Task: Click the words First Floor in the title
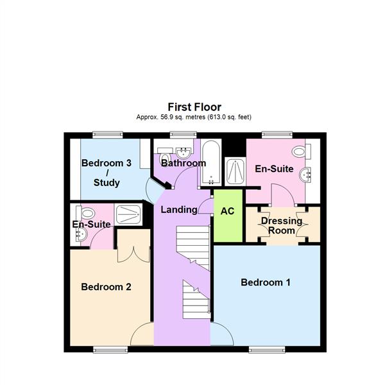[x=194, y=107]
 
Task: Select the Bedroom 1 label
[x=266, y=282]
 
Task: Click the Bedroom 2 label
[x=106, y=287]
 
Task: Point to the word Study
[x=107, y=183]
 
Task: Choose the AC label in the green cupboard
[x=227, y=211]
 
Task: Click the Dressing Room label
[x=282, y=226]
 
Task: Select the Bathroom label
[x=183, y=164]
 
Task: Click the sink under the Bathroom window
[x=184, y=152]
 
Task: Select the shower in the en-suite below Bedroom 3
[x=131, y=214]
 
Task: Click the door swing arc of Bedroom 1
[x=221, y=334]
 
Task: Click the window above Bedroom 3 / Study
[x=107, y=134]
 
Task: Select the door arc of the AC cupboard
[x=205, y=207]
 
